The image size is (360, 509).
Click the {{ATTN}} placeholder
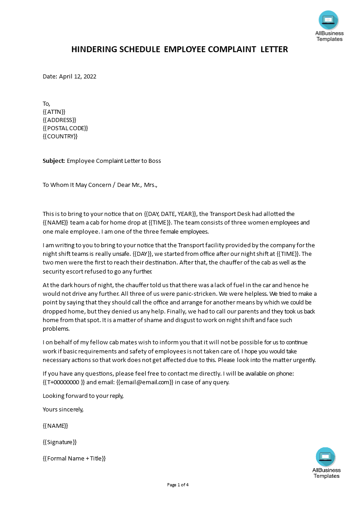(54, 112)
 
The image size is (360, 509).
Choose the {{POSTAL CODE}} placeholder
(65, 128)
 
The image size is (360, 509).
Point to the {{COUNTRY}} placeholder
(60, 136)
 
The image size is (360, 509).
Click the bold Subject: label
(54, 161)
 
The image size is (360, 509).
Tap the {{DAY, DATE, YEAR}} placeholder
(170, 214)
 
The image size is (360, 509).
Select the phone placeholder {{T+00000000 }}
(64, 382)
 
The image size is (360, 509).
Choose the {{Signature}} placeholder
(59, 442)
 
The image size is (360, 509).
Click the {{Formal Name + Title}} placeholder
(74, 458)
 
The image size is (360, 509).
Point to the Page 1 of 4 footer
(178, 485)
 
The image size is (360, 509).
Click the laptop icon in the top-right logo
(328, 20)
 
